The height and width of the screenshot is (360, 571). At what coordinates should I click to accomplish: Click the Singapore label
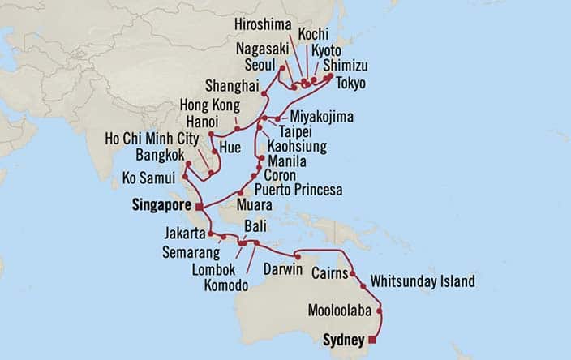point(159,207)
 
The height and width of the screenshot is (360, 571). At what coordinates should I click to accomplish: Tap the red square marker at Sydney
point(372,340)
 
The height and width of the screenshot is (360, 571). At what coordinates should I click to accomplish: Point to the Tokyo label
point(351,84)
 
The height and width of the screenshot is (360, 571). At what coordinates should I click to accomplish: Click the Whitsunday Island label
point(422,282)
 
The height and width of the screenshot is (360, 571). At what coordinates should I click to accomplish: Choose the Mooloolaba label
point(339,310)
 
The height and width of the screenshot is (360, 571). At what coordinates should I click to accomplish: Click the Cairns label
point(332,274)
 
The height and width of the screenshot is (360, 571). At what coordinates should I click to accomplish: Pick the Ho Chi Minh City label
point(152,139)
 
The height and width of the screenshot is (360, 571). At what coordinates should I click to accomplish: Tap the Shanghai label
point(232,87)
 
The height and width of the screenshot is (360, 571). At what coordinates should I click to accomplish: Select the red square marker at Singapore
point(199,207)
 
